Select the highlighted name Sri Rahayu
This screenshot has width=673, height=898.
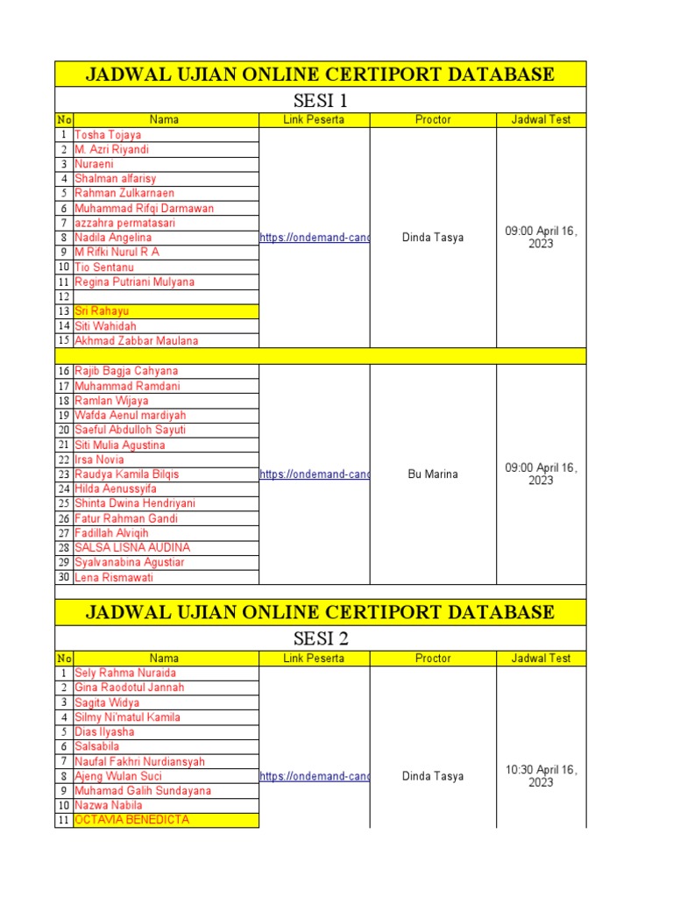tap(103, 311)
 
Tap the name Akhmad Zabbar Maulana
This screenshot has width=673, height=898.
tap(136, 341)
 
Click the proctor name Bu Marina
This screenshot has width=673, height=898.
tap(433, 474)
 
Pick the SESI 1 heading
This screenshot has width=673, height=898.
tap(320, 100)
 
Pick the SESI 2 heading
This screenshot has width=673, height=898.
tap(320, 638)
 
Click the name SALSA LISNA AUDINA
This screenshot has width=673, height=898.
tap(132, 548)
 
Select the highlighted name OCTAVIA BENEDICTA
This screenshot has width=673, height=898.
tap(131, 820)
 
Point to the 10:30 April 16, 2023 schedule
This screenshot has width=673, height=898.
tap(541, 776)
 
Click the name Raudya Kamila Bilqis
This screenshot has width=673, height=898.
tap(127, 474)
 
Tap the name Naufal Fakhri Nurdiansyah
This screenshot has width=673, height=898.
tap(139, 762)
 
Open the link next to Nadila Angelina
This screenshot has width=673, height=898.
tap(315, 238)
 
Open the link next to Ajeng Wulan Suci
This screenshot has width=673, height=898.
tap(315, 776)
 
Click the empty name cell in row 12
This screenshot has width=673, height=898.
tap(166, 296)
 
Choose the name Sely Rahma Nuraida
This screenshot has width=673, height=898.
tap(124, 673)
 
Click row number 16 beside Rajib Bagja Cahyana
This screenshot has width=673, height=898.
tap(64, 371)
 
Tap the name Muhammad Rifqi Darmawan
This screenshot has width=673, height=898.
tap(144, 209)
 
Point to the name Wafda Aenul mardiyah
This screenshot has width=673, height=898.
tap(130, 416)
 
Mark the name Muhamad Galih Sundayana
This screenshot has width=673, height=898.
tap(143, 791)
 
